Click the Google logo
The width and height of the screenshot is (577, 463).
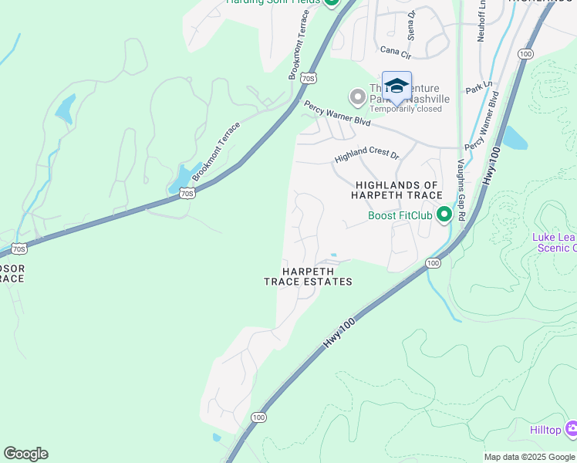tap(25, 454)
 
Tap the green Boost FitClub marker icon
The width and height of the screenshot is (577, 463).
tap(444, 215)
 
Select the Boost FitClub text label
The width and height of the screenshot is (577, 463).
tap(400, 215)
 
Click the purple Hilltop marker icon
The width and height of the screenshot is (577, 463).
tap(572, 428)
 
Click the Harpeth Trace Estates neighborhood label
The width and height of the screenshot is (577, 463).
tap(308, 276)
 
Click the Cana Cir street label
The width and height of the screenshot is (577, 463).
tap(396, 50)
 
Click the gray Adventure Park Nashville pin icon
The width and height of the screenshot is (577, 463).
tap(357, 97)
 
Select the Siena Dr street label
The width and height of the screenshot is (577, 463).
tap(411, 25)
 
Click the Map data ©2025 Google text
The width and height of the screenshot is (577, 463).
tap(529, 457)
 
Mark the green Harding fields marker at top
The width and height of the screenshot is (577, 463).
tap(332, 2)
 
